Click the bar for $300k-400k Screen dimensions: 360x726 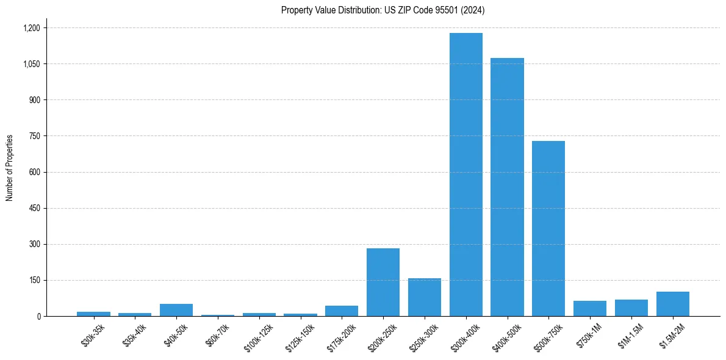(x=466, y=175)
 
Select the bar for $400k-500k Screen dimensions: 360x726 (x=508, y=187)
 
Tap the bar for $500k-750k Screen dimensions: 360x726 (x=548, y=228)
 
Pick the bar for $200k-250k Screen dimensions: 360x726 (x=383, y=282)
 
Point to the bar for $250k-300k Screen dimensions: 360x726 (x=425, y=297)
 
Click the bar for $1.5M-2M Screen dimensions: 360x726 (x=673, y=304)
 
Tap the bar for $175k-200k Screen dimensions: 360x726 (x=342, y=311)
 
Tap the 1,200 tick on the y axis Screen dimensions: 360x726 (x=31, y=28)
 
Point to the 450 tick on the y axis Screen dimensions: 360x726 (x=34, y=208)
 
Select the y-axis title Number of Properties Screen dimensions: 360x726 (x=10, y=168)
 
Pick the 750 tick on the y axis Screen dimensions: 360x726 (x=34, y=136)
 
